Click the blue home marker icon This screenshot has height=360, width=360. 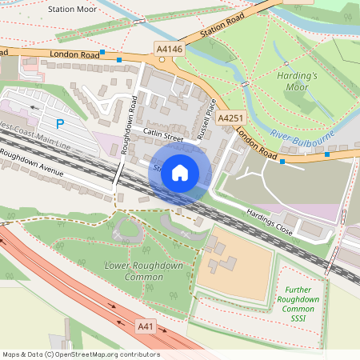click(x=180, y=172)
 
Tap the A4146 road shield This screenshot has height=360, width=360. click(x=169, y=50)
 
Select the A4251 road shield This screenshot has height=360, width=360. click(x=230, y=118)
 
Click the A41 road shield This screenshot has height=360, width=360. click(x=145, y=326)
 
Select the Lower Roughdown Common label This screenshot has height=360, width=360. click(x=144, y=270)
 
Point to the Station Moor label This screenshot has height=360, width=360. click(x=72, y=10)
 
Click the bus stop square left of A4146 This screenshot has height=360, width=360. click(x=118, y=59)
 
